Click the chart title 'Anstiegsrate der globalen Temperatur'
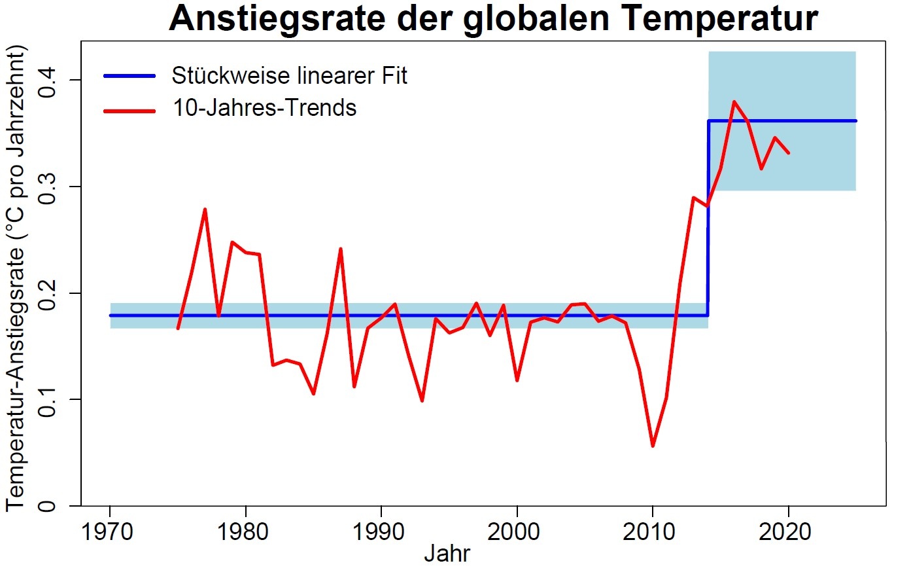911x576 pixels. tap(493, 19)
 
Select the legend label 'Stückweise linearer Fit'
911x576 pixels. tap(289, 76)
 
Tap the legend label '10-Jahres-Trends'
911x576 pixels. tap(264, 108)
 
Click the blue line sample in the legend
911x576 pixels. tap(129, 76)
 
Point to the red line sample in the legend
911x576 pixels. tap(129, 110)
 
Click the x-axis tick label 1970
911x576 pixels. tap(109, 531)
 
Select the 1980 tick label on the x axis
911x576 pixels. tap(245, 531)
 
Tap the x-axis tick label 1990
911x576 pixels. tap(381, 531)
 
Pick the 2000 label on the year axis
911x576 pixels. tap(517, 531)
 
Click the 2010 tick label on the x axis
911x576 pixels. tap(652, 531)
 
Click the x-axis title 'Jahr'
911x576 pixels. tap(447, 554)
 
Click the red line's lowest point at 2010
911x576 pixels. tap(653, 446)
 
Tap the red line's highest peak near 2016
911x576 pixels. tap(734, 101)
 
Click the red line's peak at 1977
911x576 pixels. tap(205, 209)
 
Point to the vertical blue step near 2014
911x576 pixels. tap(708, 216)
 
